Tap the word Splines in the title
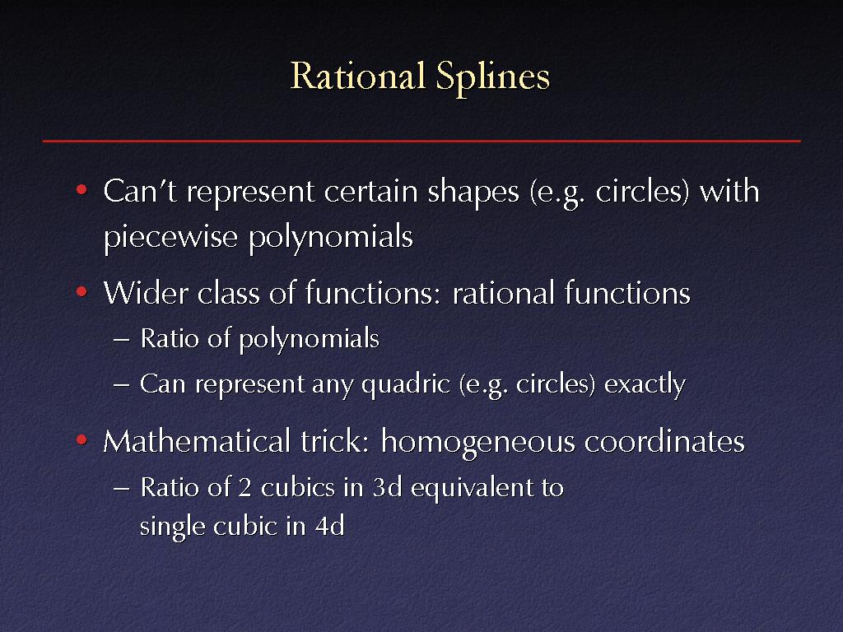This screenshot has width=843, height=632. pos(493,78)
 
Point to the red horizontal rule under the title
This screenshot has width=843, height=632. pos(421,141)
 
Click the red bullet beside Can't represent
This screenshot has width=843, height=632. pos(82,190)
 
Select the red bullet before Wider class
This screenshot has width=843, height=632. pos(82,292)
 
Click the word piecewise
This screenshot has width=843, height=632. pos(170,237)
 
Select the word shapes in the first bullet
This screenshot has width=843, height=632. pos(473,193)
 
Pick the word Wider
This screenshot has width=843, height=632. pos(146,293)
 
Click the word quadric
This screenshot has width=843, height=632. pos(406,385)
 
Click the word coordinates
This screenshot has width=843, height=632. pos(664,442)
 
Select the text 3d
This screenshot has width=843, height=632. pos(387,487)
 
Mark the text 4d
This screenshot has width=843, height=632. pos(329,525)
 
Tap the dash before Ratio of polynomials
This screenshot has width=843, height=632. pos(122,340)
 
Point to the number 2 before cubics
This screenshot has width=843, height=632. pos(245,487)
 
